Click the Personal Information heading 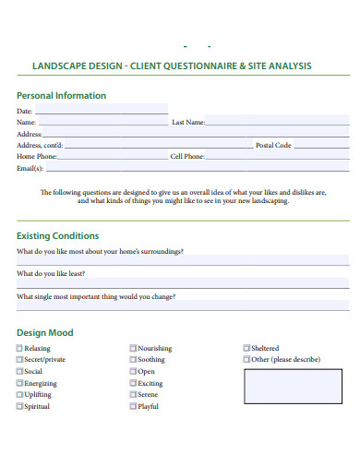click(61, 95)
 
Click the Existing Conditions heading click(57, 235)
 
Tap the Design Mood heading click(44, 332)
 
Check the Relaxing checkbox click(20, 349)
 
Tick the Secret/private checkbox click(20, 360)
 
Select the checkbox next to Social click(20, 372)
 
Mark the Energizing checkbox click(20, 383)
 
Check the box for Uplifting click(20, 395)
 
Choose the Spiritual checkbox click(20, 406)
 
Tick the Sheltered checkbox click(246, 349)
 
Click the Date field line click(102, 112)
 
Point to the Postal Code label click(273, 145)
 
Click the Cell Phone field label click(187, 157)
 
